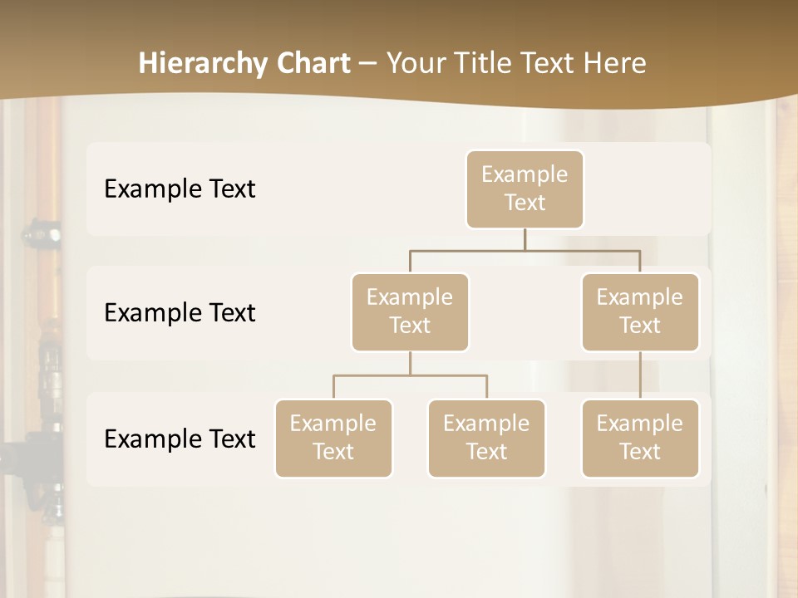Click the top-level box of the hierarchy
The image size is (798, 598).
pos(525,189)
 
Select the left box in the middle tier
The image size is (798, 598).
pos(410,312)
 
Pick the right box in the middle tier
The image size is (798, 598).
pos(640,312)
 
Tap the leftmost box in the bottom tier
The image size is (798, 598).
pos(333,439)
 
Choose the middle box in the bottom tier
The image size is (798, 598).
pos(486,439)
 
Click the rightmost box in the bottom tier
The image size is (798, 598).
pos(640,439)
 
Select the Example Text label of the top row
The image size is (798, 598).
pos(180,189)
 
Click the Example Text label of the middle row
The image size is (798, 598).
pos(180,313)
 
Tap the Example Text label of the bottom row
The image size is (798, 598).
pos(180,439)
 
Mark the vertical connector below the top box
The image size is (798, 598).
pos(525,239)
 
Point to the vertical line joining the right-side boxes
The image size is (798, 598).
pos(640,375)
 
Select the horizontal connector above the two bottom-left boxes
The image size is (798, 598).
pos(410,375)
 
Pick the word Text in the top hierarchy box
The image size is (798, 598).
pos(525,203)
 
